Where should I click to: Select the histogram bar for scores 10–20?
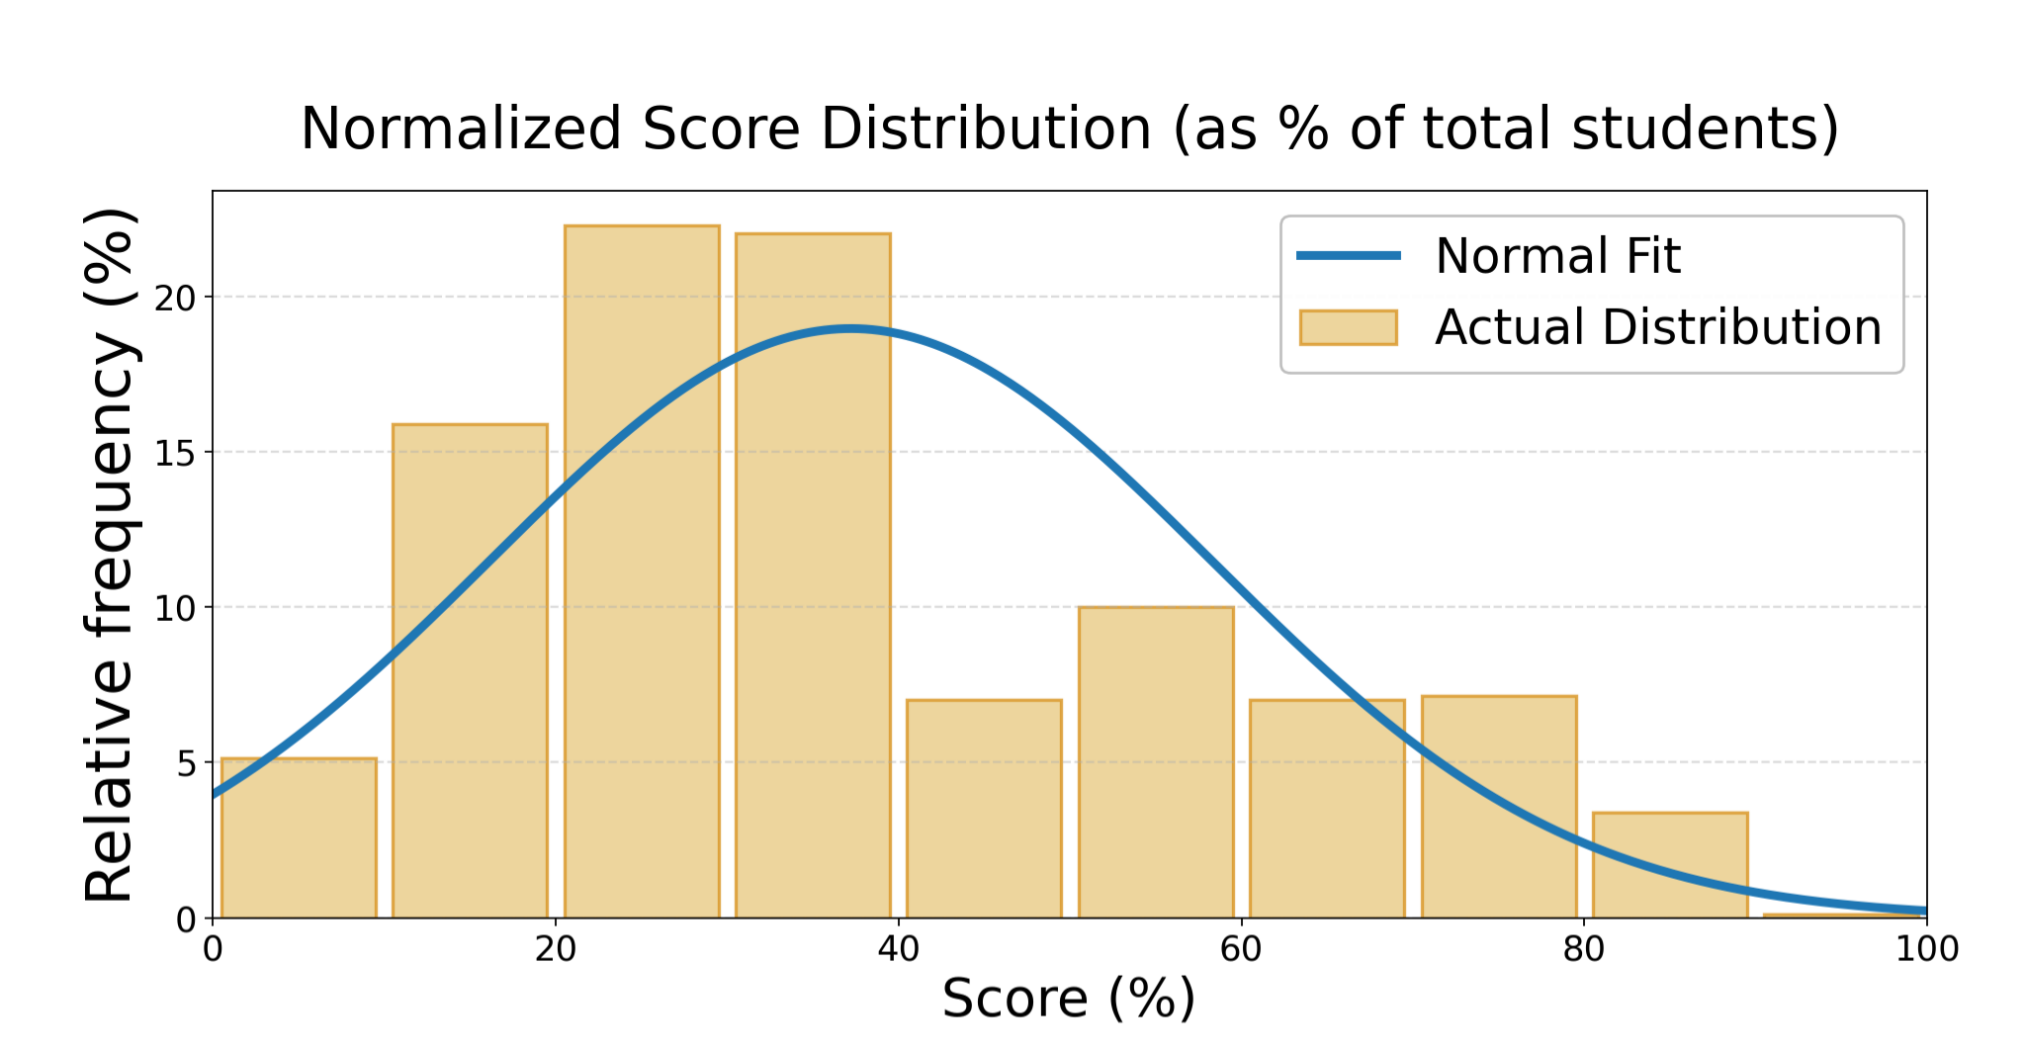(x=470, y=672)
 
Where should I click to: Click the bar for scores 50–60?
(x=1156, y=762)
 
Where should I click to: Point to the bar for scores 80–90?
(x=1670, y=865)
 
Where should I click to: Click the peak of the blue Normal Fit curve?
(x=849, y=328)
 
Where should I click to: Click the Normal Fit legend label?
(x=1557, y=256)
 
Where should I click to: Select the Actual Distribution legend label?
(x=1658, y=327)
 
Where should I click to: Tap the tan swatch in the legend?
(x=1348, y=327)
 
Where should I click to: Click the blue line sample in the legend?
(x=1348, y=256)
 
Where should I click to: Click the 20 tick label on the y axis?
(x=176, y=298)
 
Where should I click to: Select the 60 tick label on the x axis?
(x=1241, y=949)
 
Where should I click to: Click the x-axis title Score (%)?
(x=1068, y=999)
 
